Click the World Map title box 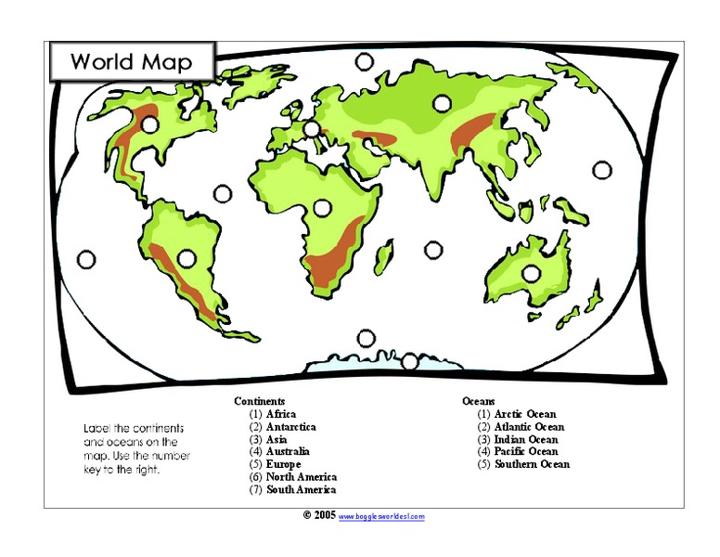click(131, 62)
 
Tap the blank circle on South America click(186, 257)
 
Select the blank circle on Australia click(531, 273)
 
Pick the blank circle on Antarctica click(410, 361)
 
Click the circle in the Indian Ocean click(432, 250)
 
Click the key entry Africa click(281, 414)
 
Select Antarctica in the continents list click(290, 427)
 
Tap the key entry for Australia click(288, 452)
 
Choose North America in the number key click(301, 477)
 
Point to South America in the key click(301, 489)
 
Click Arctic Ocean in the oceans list click(525, 414)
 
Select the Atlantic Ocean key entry click(529, 427)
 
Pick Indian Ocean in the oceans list click(526, 439)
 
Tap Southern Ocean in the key click(532, 464)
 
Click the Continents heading click(260, 401)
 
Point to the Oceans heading click(479, 401)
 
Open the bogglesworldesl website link click(381, 516)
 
